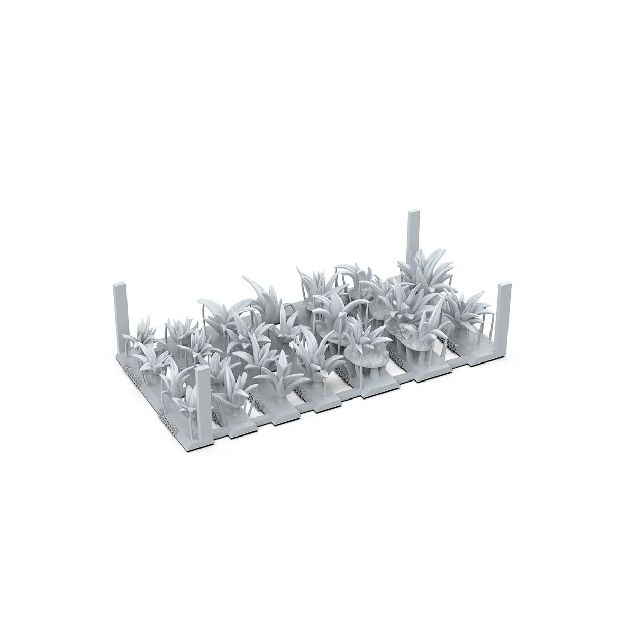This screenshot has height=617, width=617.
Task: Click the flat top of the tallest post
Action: click(x=413, y=212)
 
